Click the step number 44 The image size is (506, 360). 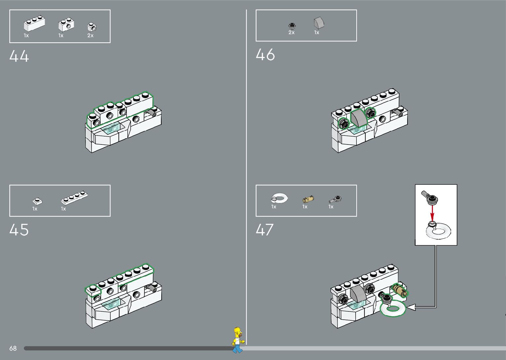pyautogui.click(x=19, y=56)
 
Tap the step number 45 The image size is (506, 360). pyautogui.click(x=19, y=230)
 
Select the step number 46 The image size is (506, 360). pyautogui.click(x=265, y=55)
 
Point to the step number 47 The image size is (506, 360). pyautogui.click(x=265, y=230)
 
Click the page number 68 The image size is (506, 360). pyautogui.click(x=13, y=348)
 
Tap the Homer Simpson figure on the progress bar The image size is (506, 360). pyautogui.click(x=238, y=340)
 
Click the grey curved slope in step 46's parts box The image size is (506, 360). pyautogui.click(x=319, y=23)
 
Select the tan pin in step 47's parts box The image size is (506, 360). pyautogui.click(x=308, y=199)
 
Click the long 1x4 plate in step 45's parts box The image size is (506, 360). pyautogui.click(x=74, y=198)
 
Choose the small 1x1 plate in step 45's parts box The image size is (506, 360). pyautogui.click(x=37, y=201)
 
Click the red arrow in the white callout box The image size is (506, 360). pyautogui.click(x=432, y=212)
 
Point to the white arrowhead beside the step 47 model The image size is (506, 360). pyautogui.click(x=411, y=307)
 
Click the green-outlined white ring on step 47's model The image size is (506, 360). pyautogui.click(x=393, y=309)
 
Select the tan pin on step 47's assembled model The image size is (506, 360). pyautogui.click(x=400, y=290)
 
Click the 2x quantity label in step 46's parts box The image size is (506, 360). pyautogui.click(x=292, y=33)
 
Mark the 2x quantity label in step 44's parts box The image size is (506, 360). pyautogui.click(x=90, y=36)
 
